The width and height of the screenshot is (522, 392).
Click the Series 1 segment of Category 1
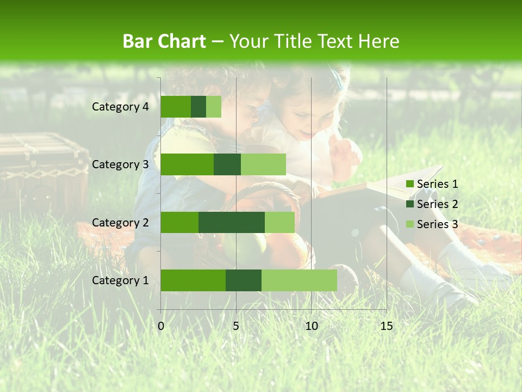click(x=193, y=280)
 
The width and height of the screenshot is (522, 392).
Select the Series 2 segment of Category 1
click(x=244, y=280)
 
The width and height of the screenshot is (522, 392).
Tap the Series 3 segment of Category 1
click(x=299, y=280)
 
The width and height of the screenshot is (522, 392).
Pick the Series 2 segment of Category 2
click(x=232, y=222)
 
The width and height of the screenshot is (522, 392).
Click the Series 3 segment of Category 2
click(x=279, y=222)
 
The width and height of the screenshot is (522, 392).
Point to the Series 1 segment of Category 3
click(x=187, y=164)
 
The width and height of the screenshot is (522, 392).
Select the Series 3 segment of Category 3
click(x=263, y=164)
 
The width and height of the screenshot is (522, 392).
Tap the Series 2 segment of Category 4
click(x=198, y=107)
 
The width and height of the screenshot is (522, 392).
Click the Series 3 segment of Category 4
click(x=214, y=107)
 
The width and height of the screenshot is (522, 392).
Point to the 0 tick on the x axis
click(x=161, y=326)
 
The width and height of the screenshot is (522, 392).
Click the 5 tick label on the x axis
click(x=236, y=326)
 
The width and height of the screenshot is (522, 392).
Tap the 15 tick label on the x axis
click(x=387, y=326)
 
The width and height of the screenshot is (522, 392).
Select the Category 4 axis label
click(x=120, y=107)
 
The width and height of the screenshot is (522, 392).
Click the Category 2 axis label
click(x=120, y=222)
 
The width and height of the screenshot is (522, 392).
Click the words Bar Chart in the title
click(x=164, y=41)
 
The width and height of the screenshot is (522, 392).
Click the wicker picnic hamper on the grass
click(x=43, y=169)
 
